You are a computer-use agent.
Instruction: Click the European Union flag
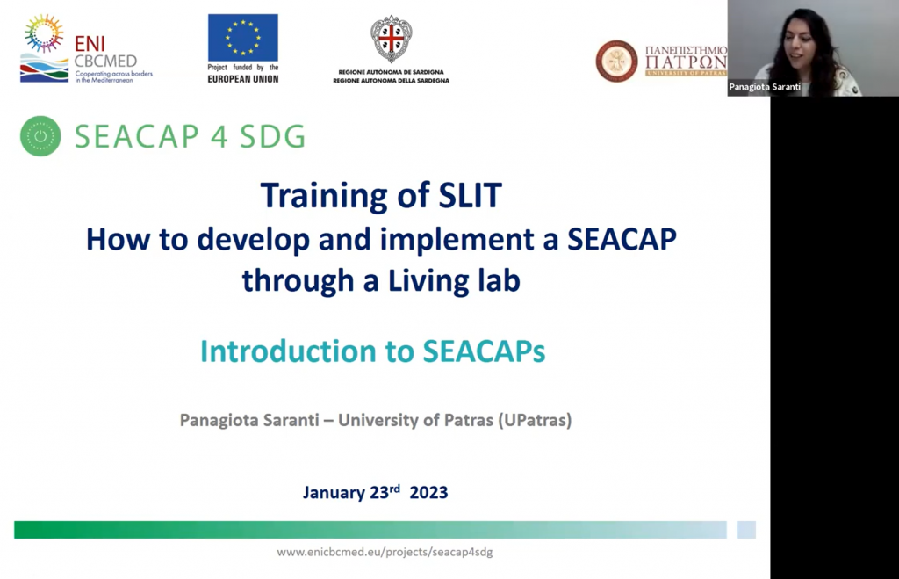tap(242, 37)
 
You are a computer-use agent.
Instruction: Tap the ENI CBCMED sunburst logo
tap(44, 34)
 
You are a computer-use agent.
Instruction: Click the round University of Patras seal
tap(616, 61)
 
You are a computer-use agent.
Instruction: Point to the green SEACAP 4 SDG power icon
tap(40, 136)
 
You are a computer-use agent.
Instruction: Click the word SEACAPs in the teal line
tap(484, 351)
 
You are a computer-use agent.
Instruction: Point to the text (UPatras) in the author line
tap(535, 420)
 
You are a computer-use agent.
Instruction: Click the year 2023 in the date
tap(428, 492)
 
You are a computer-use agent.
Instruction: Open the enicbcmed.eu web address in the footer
tap(385, 552)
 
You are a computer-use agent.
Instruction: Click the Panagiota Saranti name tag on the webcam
tap(765, 87)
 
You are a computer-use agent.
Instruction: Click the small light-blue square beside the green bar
tap(746, 530)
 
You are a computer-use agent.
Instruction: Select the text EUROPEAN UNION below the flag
tap(243, 79)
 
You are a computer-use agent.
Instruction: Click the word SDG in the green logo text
tap(272, 136)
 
